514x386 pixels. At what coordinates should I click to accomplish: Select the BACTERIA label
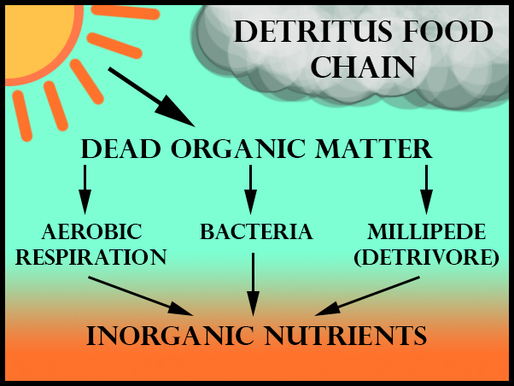(256, 231)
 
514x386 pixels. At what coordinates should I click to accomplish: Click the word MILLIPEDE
(426, 231)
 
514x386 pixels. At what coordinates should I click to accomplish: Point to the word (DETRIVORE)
(426, 256)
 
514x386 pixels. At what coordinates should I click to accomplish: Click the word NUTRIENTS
(347, 335)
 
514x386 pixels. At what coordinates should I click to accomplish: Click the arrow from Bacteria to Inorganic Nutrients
(253, 286)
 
